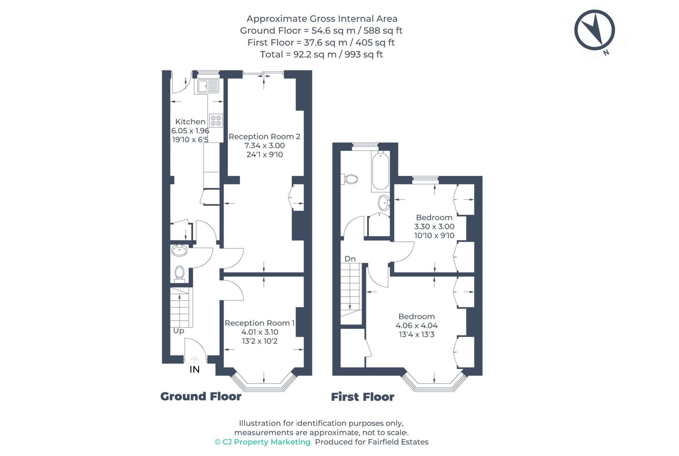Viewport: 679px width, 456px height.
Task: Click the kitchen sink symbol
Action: tap(208, 86)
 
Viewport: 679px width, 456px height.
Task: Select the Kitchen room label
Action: tap(190, 122)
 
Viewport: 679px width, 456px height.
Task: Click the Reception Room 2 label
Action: tap(264, 137)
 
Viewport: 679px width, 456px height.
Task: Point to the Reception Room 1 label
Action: tap(260, 323)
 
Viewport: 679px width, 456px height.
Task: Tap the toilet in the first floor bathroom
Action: tap(350, 179)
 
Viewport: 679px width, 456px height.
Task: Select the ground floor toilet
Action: tap(179, 273)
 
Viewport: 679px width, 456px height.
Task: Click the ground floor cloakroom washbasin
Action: tap(179, 250)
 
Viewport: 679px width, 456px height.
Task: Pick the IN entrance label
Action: tap(195, 370)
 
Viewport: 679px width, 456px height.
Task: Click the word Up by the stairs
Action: tap(178, 331)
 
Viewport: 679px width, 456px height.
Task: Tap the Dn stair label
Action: tap(350, 259)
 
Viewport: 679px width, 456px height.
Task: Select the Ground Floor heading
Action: tap(201, 396)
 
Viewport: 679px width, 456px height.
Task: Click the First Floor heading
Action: tap(362, 397)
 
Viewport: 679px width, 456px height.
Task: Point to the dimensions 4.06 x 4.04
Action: tap(416, 325)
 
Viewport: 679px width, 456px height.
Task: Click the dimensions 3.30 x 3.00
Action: tap(434, 227)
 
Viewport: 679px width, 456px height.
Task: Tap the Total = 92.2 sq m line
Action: tap(321, 54)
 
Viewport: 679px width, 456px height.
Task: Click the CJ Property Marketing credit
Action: tap(263, 442)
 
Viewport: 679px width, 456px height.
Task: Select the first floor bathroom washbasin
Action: tap(384, 202)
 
